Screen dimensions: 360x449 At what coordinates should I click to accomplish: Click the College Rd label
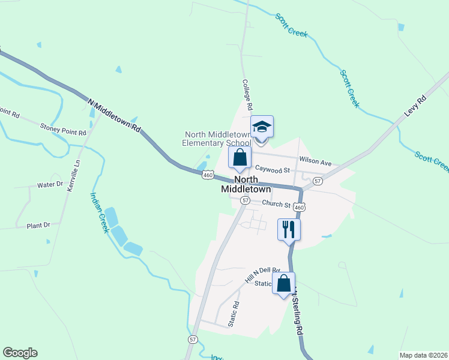247,94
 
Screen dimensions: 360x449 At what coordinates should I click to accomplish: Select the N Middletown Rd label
114,116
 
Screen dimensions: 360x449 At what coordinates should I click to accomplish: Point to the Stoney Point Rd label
63,127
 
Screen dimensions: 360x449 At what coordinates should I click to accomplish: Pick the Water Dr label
50,184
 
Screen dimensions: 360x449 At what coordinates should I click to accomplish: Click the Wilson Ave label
315,163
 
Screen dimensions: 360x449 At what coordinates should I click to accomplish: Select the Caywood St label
272,170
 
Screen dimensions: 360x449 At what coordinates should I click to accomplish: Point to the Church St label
276,205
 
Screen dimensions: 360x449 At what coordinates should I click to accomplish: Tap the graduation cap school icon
262,127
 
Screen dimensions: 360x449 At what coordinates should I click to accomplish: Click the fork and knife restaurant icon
289,228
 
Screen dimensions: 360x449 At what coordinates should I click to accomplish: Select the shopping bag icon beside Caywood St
240,158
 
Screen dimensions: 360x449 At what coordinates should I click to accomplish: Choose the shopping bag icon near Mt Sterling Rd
284,283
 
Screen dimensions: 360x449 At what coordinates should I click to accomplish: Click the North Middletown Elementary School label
217,139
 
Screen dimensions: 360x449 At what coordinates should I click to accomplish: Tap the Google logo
20,353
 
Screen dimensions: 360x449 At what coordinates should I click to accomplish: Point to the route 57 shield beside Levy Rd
318,181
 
